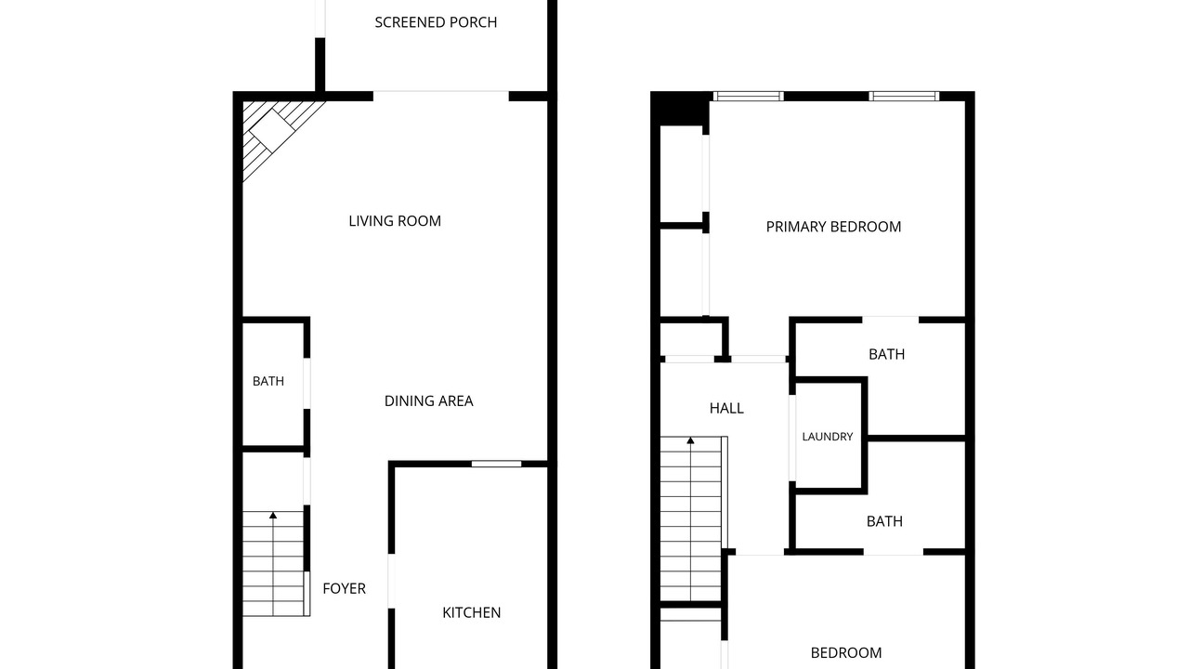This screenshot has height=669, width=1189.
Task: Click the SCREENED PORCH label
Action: (x=436, y=22)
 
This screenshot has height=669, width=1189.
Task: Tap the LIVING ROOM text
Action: (x=395, y=221)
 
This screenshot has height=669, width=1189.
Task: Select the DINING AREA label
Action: (x=429, y=400)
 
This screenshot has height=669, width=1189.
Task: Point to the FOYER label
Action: (x=344, y=588)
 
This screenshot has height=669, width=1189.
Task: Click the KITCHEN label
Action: (x=471, y=612)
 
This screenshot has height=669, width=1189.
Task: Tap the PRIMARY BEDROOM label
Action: (x=833, y=227)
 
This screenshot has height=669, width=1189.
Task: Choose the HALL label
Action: (x=726, y=408)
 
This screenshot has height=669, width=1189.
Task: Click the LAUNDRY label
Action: (x=828, y=437)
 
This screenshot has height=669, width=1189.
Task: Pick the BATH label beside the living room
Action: (x=268, y=381)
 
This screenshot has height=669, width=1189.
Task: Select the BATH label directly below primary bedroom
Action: (x=886, y=354)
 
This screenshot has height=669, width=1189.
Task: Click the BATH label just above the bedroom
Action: (x=884, y=521)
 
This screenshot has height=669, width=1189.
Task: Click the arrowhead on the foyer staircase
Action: (x=273, y=515)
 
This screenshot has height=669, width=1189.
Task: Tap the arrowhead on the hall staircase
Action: (x=690, y=440)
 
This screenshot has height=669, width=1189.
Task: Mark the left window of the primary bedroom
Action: (x=749, y=96)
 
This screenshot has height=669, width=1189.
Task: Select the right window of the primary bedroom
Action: (x=904, y=96)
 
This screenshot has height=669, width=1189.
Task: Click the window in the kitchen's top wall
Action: (x=496, y=464)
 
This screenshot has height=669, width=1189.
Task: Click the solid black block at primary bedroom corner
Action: (x=680, y=109)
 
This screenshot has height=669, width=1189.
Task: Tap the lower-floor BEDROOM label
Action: (x=846, y=652)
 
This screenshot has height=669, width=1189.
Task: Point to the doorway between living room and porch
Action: (x=441, y=96)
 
